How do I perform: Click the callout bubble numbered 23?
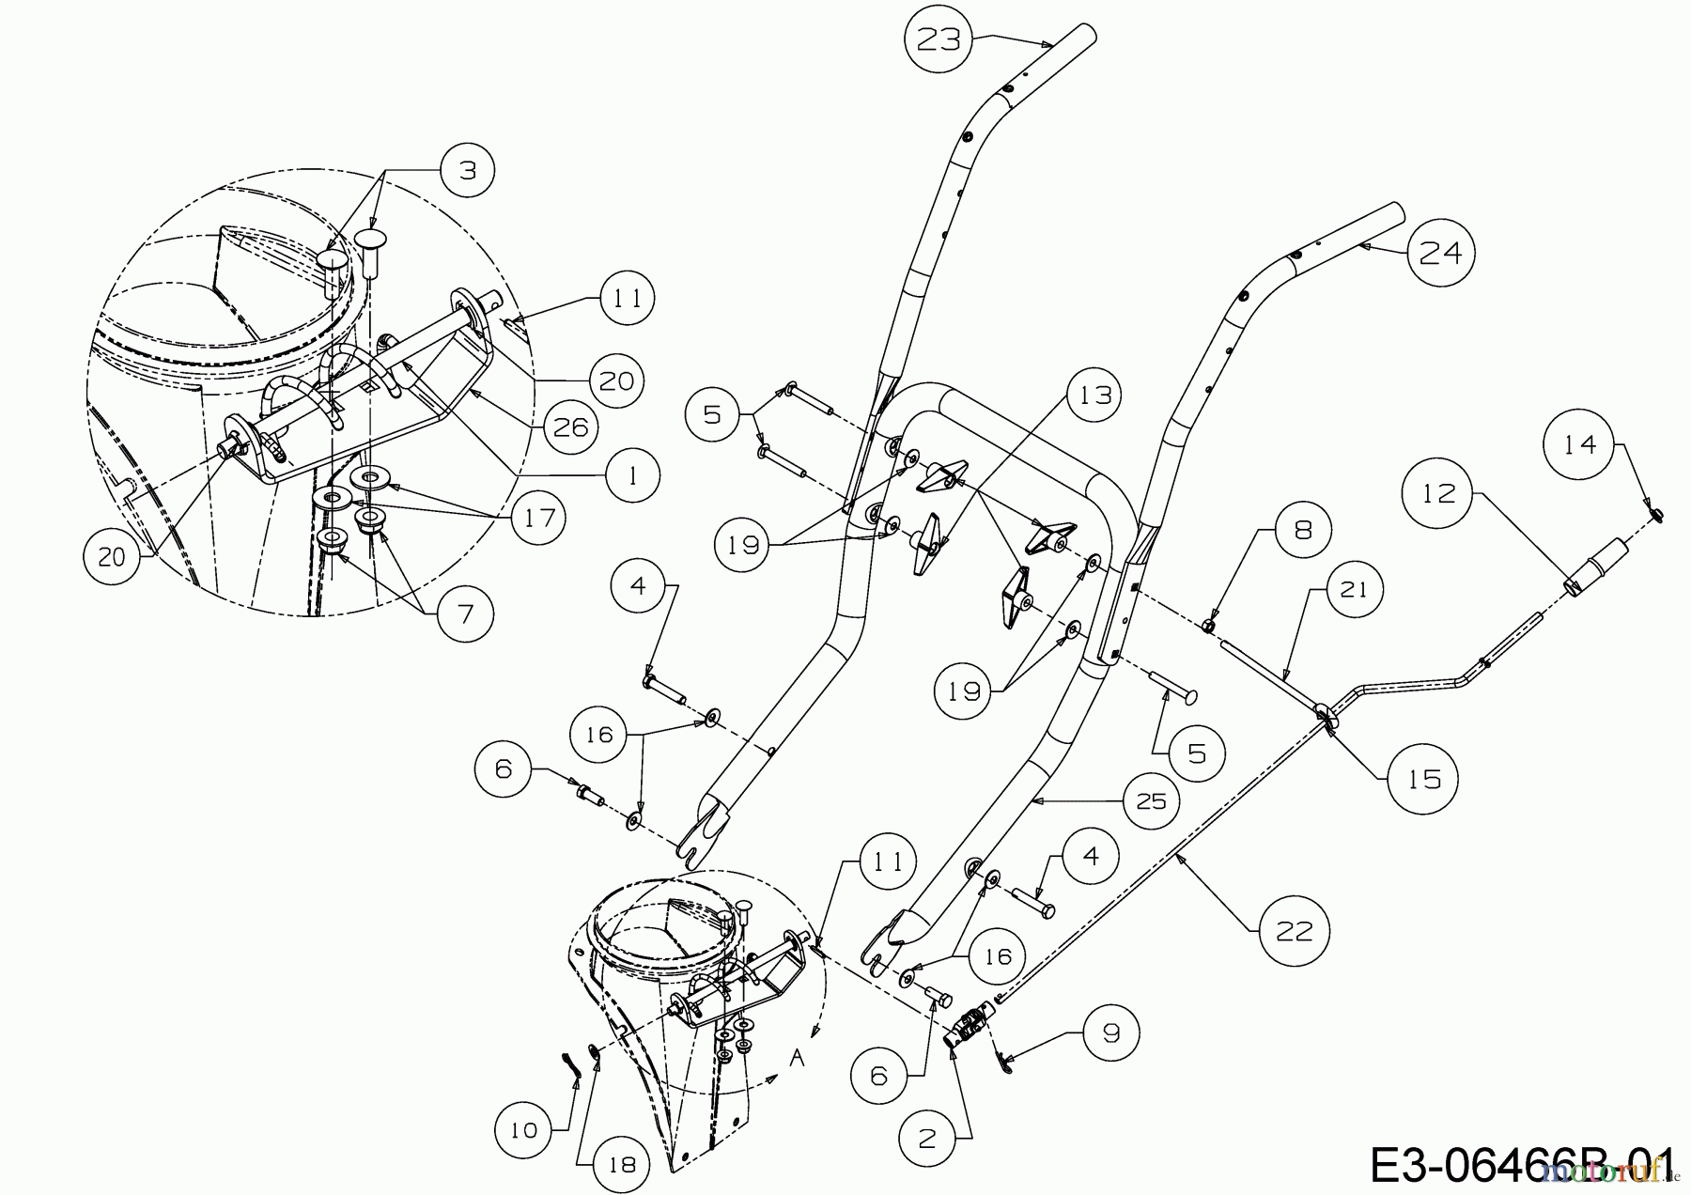click(939, 39)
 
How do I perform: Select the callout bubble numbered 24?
click(1441, 252)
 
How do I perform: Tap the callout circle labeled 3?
click(468, 170)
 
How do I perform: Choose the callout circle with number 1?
click(632, 475)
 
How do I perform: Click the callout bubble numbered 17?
click(539, 518)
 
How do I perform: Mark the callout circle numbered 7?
click(465, 614)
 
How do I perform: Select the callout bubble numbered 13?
click(1095, 396)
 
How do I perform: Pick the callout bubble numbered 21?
click(1354, 589)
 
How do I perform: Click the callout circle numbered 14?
click(1580, 444)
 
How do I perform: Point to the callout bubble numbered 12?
click(1438, 493)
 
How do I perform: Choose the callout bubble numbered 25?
click(1151, 800)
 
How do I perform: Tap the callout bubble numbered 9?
click(1111, 1033)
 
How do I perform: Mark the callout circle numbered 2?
click(927, 1138)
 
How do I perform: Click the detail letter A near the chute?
click(798, 1059)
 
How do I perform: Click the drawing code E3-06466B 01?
click(1522, 1165)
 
